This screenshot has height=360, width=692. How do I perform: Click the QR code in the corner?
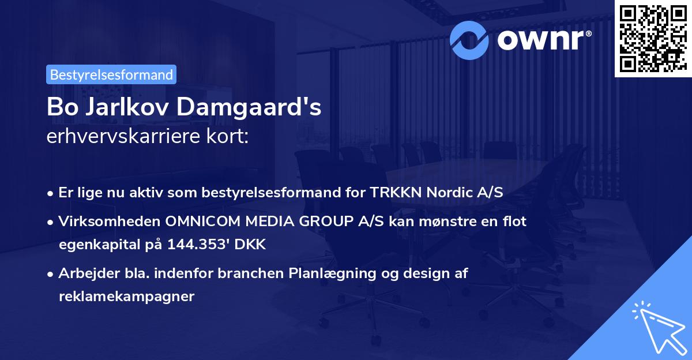652,38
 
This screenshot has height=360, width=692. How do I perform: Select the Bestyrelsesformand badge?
111,74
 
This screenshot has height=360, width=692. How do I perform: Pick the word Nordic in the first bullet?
447,192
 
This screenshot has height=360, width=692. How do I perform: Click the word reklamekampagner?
127,297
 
